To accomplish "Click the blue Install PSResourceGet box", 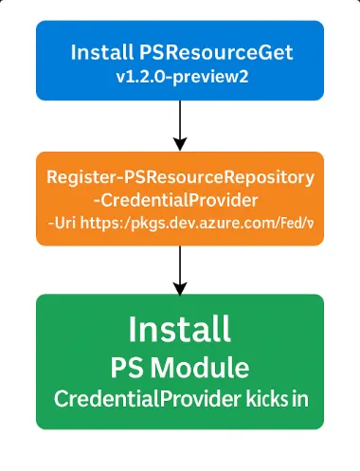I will [180, 62].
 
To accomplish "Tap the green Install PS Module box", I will [180, 361].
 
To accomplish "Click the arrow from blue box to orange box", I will [180, 123].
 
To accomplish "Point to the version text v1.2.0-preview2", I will [180, 77].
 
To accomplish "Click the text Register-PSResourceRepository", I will [180, 178].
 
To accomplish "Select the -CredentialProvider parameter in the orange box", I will [180, 200].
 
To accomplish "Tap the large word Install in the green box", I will [180, 330].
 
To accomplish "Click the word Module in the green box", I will [207, 367].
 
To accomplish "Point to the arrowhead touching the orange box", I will [180, 144].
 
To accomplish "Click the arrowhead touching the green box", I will [180, 286].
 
